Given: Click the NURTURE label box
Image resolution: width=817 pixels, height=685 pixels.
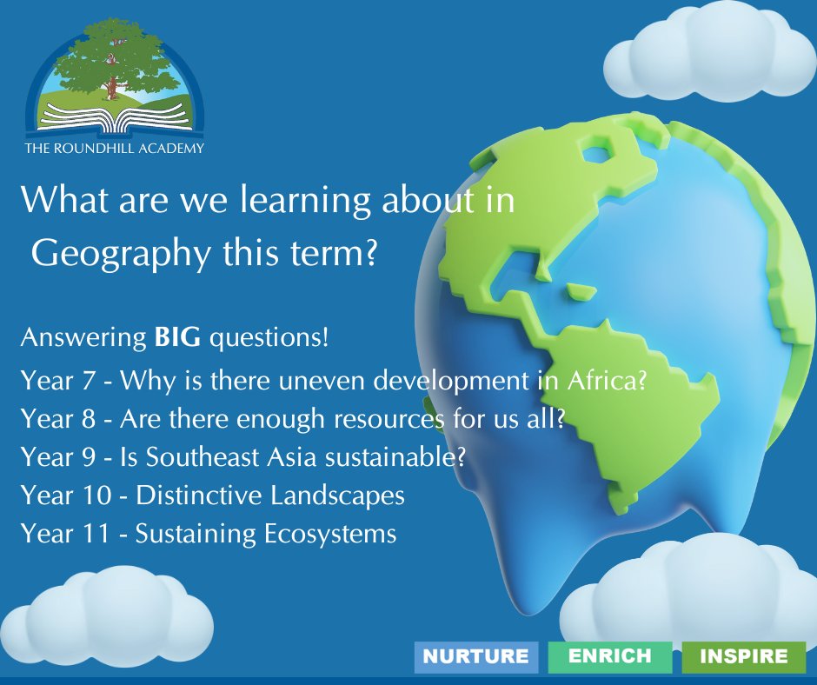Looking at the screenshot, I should click(x=475, y=656).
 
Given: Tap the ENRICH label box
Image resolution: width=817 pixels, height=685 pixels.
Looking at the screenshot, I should click(x=610, y=656).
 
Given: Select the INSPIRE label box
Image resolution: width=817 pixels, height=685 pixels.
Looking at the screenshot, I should click(x=743, y=656).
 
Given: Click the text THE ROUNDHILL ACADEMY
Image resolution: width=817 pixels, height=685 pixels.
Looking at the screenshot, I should click(x=114, y=148).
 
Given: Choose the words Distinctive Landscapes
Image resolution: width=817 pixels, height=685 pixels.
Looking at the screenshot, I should click(x=270, y=495).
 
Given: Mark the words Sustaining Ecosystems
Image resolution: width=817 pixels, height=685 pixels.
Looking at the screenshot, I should click(x=265, y=534).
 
